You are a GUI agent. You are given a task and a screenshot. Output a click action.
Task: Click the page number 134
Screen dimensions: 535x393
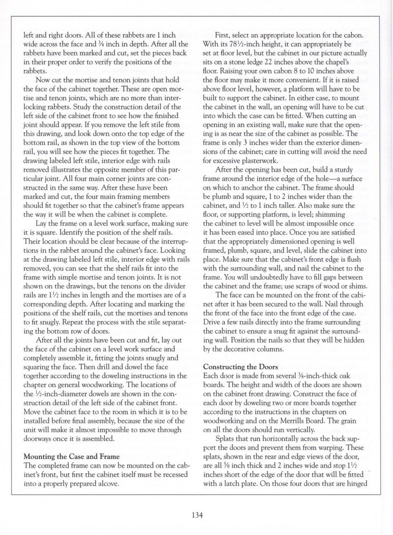point(196,515)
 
